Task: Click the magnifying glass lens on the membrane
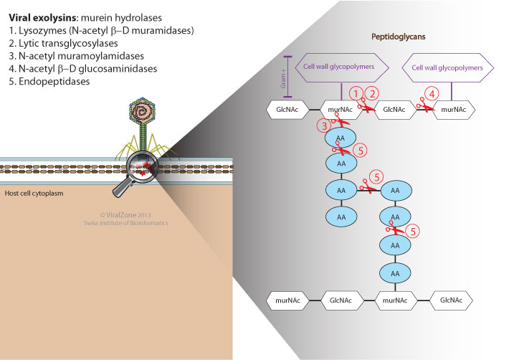(x=138, y=173)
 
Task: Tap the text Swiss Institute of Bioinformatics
(x=123, y=224)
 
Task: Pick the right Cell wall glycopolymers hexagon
(x=452, y=67)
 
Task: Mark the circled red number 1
(x=355, y=94)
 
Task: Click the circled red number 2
(x=372, y=94)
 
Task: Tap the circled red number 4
(x=431, y=93)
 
